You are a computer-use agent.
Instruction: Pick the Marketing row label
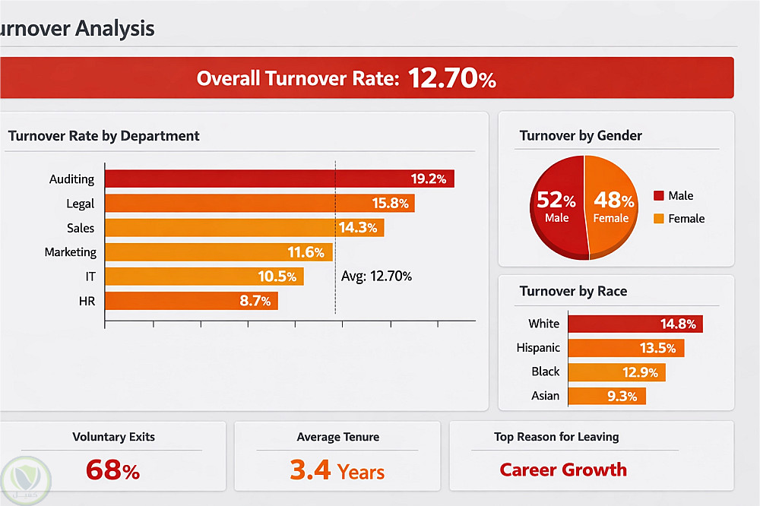coord(70,251)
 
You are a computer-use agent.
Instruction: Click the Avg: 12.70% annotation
coord(376,277)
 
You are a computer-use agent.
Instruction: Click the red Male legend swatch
coord(658,196)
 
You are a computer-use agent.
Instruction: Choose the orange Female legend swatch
coord(658,219)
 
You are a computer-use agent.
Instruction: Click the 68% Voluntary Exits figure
coord(112,470)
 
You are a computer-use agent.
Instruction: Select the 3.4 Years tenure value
coord(337,470)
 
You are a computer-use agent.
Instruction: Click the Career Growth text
coord(563,470)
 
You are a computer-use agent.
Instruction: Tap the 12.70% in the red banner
coord(452,78)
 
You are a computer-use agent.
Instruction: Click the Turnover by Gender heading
coord(581,136)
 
